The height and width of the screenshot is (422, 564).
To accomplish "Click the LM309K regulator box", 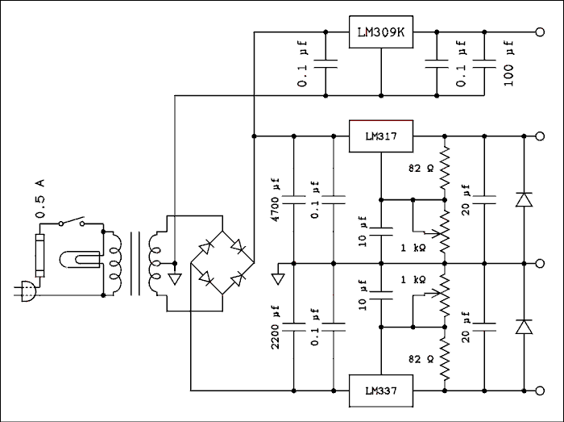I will click(x=380, y=33).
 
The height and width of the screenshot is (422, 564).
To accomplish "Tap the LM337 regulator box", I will click(x=380, y=391).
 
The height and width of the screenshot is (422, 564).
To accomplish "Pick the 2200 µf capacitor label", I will click(x=276, y=328).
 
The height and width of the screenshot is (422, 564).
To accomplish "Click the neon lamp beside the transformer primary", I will click(x=81, y=261).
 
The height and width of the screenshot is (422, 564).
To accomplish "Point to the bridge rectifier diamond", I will click(x=221, y=263).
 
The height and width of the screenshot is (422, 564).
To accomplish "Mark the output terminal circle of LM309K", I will click(x=539, y=33).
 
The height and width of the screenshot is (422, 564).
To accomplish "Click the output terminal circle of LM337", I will click(x=539, y=391).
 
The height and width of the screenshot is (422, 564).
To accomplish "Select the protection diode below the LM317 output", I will click(x=525, y=198).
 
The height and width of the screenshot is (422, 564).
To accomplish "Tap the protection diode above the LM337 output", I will click(x=525, y=326).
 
